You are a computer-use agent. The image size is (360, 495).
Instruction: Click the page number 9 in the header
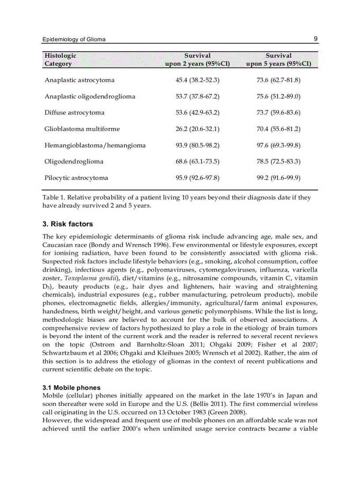point(315,39)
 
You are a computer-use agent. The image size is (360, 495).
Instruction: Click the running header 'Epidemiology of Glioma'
point(74,39)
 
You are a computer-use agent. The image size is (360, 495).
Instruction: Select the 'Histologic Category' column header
point(60,60)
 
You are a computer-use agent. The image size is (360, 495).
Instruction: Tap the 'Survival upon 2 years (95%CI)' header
point(197,60)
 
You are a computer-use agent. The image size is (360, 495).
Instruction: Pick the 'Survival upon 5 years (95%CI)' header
point(278,60)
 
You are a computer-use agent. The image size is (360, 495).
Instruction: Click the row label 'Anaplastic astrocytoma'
point(79,80)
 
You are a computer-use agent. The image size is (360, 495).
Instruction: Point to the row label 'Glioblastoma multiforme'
point(82,129)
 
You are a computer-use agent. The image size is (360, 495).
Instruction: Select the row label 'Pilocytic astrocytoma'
point(76,178)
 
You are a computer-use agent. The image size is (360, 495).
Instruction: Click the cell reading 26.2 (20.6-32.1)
point(197,129)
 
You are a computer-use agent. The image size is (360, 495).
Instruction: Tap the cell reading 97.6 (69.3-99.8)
point(278,145)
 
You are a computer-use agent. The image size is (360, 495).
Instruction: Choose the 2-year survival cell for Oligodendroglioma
point(197,162)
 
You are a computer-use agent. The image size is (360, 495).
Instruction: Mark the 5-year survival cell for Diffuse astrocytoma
point(278,113)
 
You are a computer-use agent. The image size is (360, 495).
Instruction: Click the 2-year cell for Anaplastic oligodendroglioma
point(197,97)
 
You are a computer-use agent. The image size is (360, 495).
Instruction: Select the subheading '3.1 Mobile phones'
point(71,388)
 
